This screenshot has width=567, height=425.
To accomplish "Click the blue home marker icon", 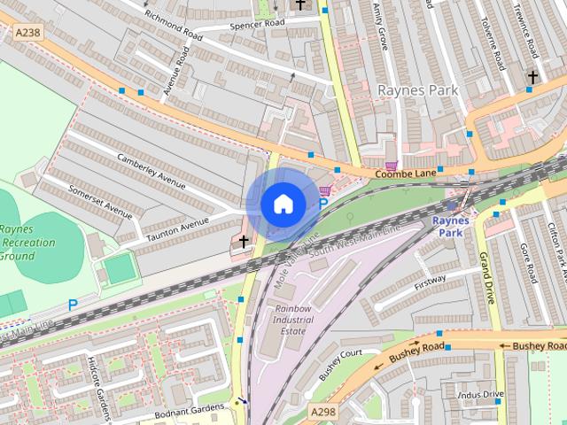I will tap(283, 205).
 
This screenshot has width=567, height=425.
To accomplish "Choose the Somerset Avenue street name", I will tap(100, 202).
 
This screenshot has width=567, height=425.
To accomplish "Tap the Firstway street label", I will tap(430, 282).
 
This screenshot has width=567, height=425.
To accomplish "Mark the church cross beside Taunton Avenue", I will tap(244, 242).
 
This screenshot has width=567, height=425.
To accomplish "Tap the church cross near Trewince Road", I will tap(532, 78).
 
